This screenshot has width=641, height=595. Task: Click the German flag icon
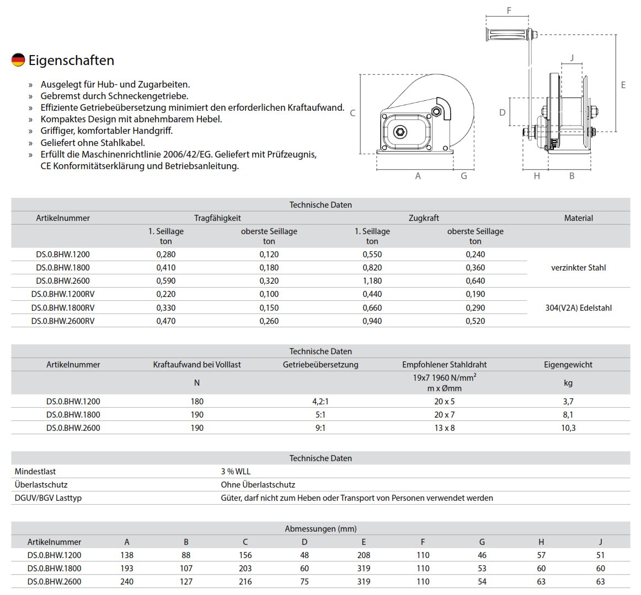coord(18,60)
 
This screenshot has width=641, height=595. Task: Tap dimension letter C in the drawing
coord(352,113)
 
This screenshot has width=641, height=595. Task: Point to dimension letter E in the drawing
coord(623,85)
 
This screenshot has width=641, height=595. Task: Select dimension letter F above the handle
coord(509,10)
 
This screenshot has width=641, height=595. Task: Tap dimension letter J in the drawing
coord(572,58)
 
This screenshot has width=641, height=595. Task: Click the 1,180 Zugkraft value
coord(372,281)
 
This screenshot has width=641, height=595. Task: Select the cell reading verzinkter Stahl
coord(578,268)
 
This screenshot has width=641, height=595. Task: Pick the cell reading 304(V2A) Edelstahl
coord(578,308)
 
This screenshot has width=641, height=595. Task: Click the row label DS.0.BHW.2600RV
coord(63,321)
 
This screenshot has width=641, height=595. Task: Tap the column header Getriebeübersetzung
coord(320,365)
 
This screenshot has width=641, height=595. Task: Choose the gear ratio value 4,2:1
coord(320,402)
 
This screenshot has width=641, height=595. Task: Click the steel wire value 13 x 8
coord(444,428)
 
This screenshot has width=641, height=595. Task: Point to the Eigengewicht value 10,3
coord(568,428)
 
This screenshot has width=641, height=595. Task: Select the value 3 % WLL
coord(236,472)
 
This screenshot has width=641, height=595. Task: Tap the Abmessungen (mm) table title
coord(320,529)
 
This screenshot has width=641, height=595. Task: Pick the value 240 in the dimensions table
coord(127,582)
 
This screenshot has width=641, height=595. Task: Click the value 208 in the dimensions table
coord(364,555)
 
